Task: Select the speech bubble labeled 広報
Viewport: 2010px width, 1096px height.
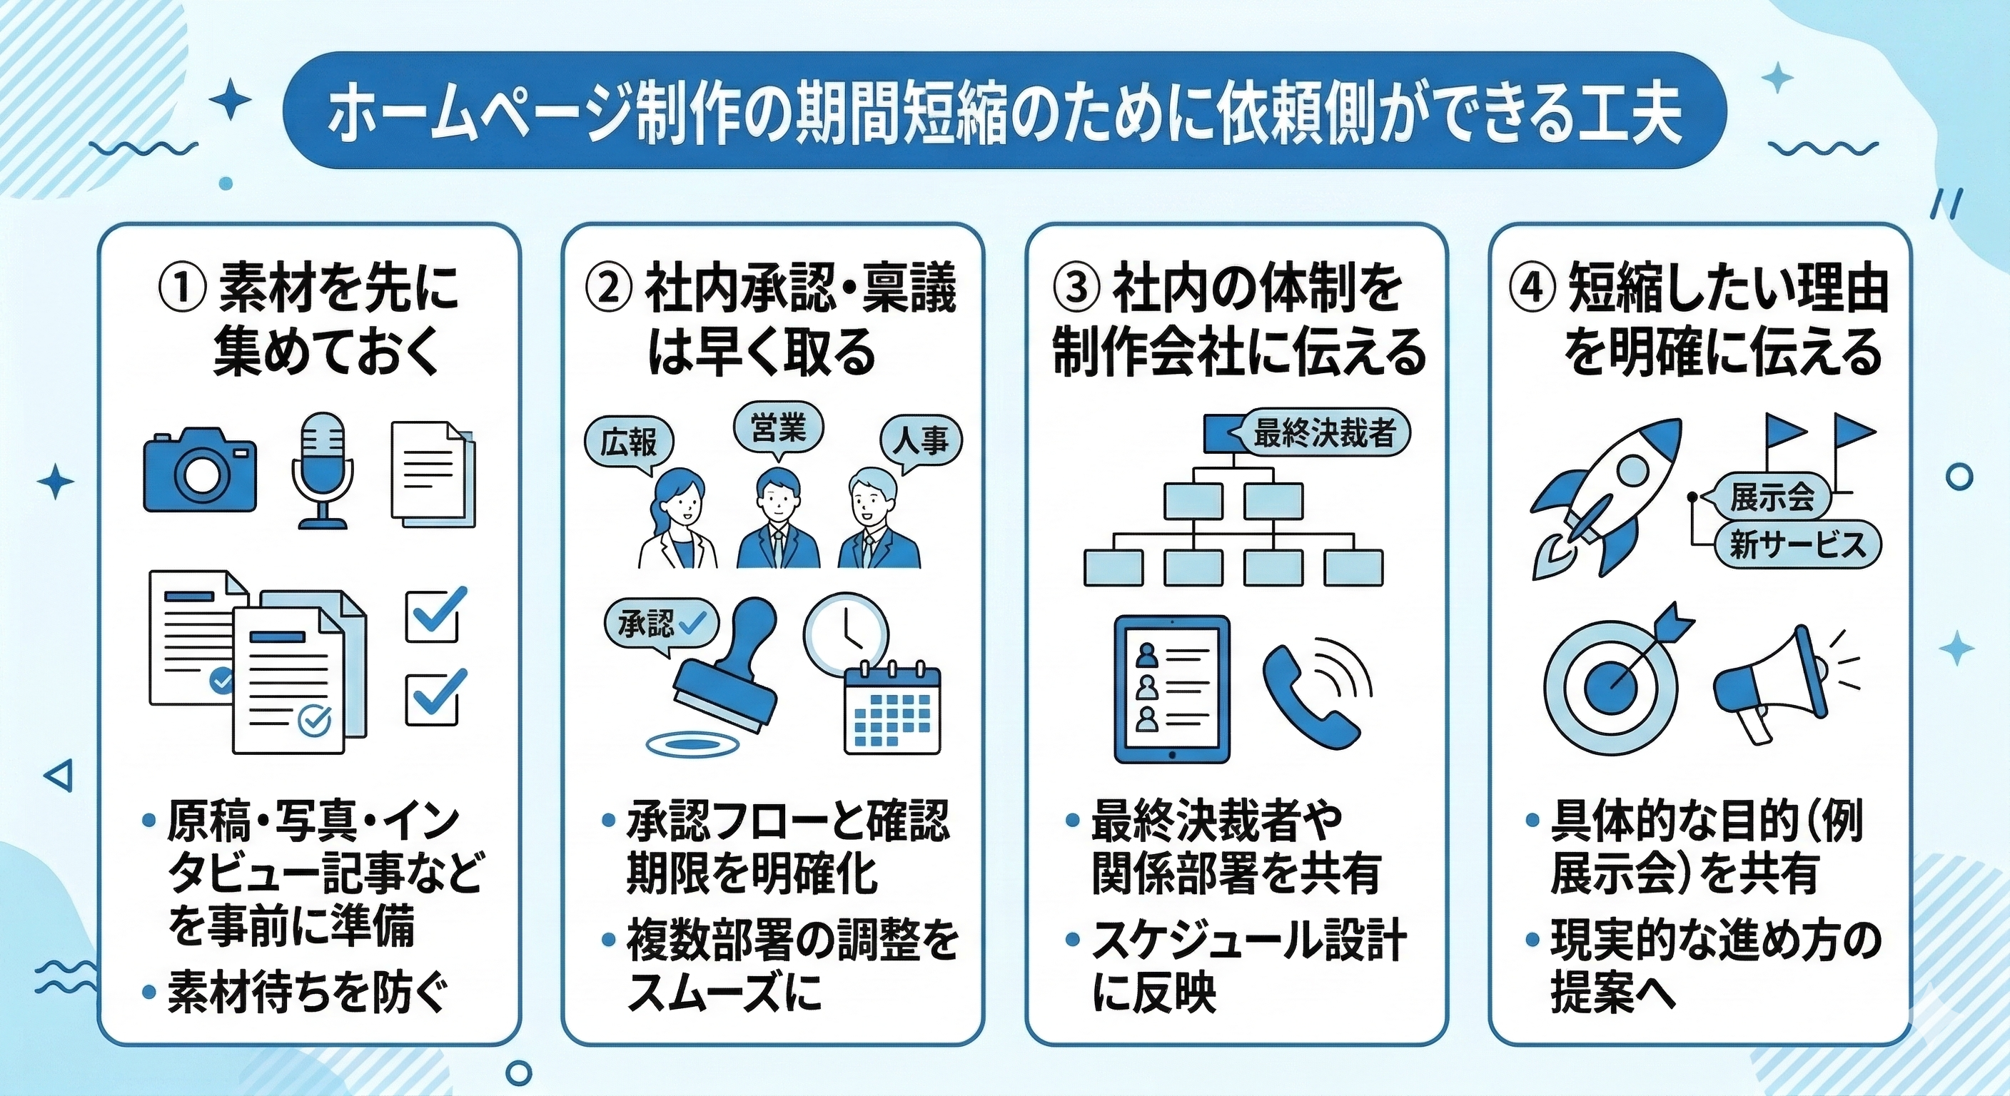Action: click(629, 443)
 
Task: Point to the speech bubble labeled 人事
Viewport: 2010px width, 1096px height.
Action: click(921, 442)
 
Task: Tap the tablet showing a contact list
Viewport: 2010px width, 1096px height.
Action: click(1172, 689)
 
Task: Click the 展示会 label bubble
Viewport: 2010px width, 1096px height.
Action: click(1771, 497)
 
